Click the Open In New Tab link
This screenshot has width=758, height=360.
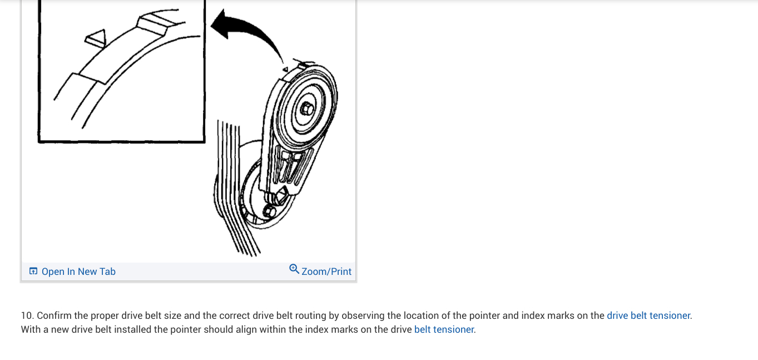[x=78, y=272]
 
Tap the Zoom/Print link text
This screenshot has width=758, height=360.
[x=326, y=272]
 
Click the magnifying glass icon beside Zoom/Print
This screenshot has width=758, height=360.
[x=294, y=269]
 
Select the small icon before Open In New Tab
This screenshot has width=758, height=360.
[x=33, y=272]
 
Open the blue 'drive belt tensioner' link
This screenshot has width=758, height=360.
[x=648, y=315]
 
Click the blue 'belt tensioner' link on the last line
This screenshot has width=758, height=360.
[x=444, y=329]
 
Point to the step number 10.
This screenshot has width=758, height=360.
[x=27, y=315]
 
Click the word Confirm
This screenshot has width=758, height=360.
[x=55, y=315]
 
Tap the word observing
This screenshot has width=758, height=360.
[x=363, y=315]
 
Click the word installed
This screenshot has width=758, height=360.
[x=133, y=329]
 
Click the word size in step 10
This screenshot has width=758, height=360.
[x=170, y=315]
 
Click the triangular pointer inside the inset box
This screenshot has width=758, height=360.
[x=95, y=38]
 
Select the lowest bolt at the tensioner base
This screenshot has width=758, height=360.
[x=269, y=211]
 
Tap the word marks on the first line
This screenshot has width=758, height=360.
[x=561, y=315]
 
